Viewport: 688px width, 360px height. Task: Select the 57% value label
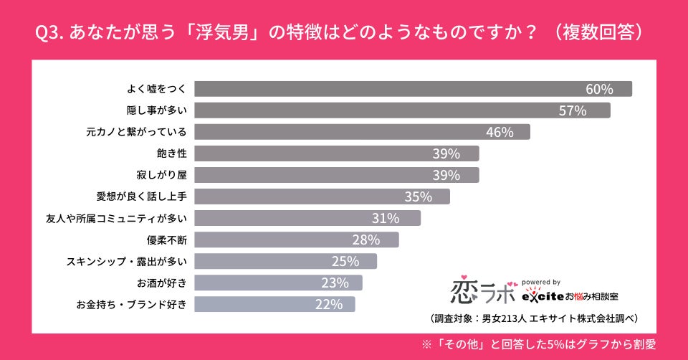click(x=573, y=110)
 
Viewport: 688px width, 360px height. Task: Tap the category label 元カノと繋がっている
click(x=136, y=132)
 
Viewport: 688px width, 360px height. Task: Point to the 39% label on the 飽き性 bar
click(x=446, y=153)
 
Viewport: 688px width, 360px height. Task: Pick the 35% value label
click(x=418, y=196)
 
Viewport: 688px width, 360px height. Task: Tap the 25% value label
click(x=345, y=261)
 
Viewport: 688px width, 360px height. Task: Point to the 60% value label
click(x=599, y=89)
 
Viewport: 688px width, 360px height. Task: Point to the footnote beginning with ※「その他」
click(x=538, y=344)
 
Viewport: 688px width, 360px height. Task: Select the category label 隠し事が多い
click(x=156, y=110)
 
